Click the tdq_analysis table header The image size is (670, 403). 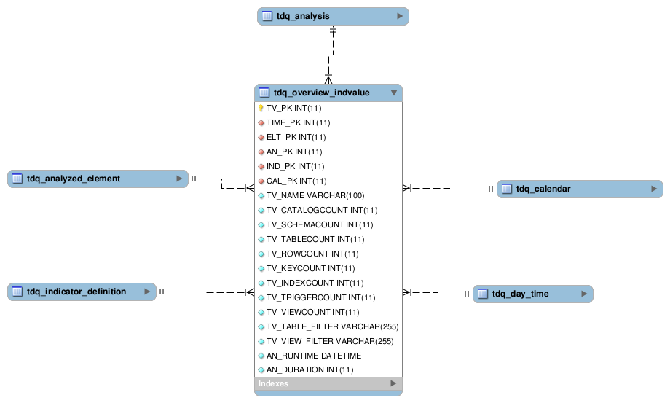[332, 16]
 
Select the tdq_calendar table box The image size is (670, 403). [579, 189]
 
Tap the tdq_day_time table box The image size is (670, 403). [532, 294]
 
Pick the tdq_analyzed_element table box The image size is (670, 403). [98, 179]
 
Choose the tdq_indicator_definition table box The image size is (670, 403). [82, 292]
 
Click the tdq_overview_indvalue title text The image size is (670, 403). [321, 93]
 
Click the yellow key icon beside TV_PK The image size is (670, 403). [261, 108]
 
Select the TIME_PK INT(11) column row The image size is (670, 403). [298, 122]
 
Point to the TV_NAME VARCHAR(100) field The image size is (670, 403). [315, 195]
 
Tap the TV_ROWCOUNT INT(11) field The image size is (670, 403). [312, 254]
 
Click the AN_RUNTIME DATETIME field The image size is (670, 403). [313, 356]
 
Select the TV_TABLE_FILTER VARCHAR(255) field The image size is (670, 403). [331, 326]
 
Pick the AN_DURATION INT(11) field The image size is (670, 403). [310, 370]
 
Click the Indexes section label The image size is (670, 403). [274, 383]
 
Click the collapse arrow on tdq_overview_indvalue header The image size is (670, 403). [394, 93]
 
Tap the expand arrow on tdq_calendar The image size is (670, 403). [654, 189]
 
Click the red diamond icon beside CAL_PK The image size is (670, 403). [261, 181]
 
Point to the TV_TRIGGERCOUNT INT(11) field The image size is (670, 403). [320, 297]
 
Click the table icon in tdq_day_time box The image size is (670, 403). [483, 294]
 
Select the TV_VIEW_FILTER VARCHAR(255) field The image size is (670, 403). [329, 341]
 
